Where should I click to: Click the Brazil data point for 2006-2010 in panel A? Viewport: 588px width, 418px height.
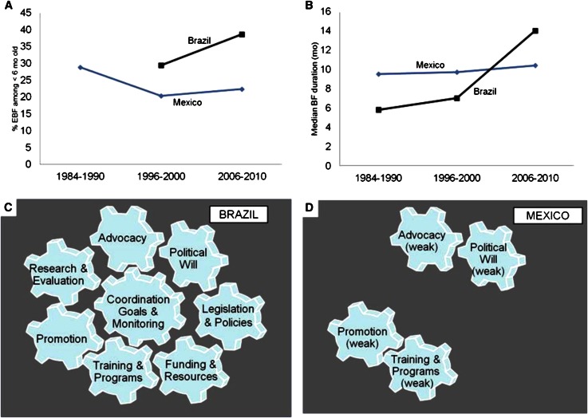(x=241, y=34)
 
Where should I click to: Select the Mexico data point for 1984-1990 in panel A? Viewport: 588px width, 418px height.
(x=81, y=67)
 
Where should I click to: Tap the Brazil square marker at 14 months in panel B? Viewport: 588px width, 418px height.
(x=535, y=30)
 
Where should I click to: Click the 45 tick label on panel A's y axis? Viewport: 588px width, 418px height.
(x=28, y=14)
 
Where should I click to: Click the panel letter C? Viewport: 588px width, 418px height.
(x=8, y=206)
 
